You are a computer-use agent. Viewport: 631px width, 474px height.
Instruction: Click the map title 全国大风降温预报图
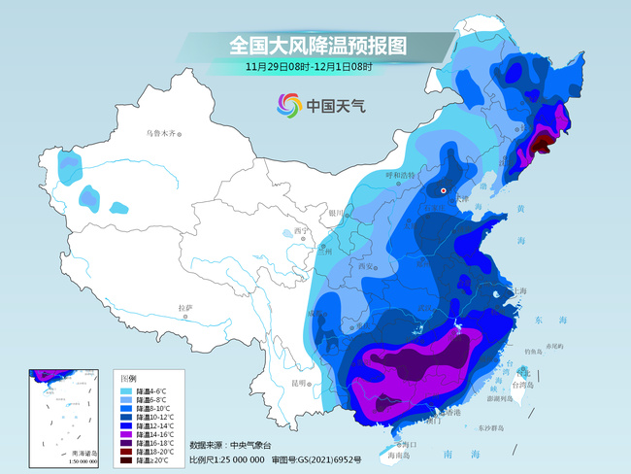tap(317, 45)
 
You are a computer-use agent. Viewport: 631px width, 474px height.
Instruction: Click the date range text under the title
tap(309, 67)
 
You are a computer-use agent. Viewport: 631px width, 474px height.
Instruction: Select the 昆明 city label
tap(295, 383)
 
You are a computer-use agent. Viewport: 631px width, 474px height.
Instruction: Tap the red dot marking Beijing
tap(445, 191)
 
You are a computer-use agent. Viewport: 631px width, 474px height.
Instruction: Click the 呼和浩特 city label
tap(400, 176)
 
